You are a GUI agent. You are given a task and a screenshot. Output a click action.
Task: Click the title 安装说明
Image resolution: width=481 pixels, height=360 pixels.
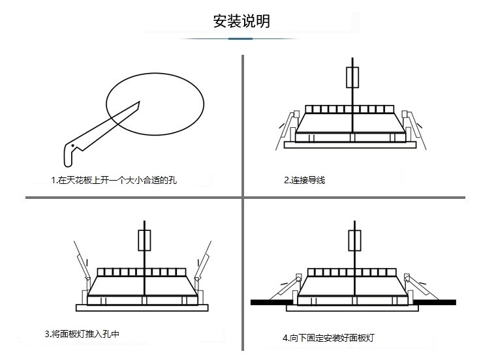click(241, 21)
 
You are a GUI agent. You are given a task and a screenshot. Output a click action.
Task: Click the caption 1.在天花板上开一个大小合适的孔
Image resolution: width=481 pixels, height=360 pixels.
click(114, 180)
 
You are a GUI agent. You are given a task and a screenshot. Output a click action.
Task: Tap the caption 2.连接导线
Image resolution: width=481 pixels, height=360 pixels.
click(303, 180)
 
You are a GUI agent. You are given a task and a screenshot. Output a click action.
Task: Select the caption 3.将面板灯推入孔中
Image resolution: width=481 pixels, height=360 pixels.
click(82, 334)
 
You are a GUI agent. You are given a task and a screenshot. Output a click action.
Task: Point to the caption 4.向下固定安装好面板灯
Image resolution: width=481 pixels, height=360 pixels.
click(328, 338)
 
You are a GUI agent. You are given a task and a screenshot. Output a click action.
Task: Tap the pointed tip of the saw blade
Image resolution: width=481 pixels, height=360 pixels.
click(139, 102)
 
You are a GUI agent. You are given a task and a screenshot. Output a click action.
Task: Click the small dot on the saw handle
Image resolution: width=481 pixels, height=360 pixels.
click(73, 144)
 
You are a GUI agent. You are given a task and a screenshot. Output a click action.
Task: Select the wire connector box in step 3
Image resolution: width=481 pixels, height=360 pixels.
click(144, 239)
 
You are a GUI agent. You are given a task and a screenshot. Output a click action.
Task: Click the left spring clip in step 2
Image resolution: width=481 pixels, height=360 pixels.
click(285, 123)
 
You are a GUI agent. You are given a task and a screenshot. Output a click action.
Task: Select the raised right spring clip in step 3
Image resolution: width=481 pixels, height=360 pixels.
click(205, 260)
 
